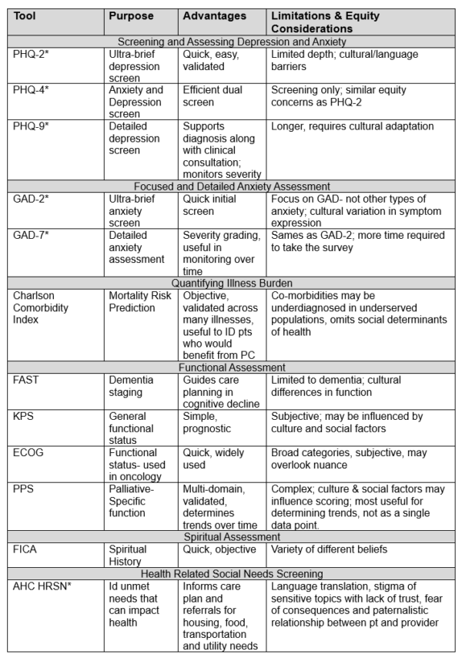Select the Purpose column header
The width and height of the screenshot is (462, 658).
click(131, 16)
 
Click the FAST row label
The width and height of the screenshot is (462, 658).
click(25, 380)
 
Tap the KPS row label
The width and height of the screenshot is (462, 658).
click(23, 416)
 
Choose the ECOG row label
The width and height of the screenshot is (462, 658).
click(27, 452)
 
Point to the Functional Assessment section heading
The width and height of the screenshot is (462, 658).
click(230, 368)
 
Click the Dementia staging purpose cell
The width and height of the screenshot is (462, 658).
click(131, 385)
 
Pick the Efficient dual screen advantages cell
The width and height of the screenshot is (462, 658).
click(213, 96)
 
